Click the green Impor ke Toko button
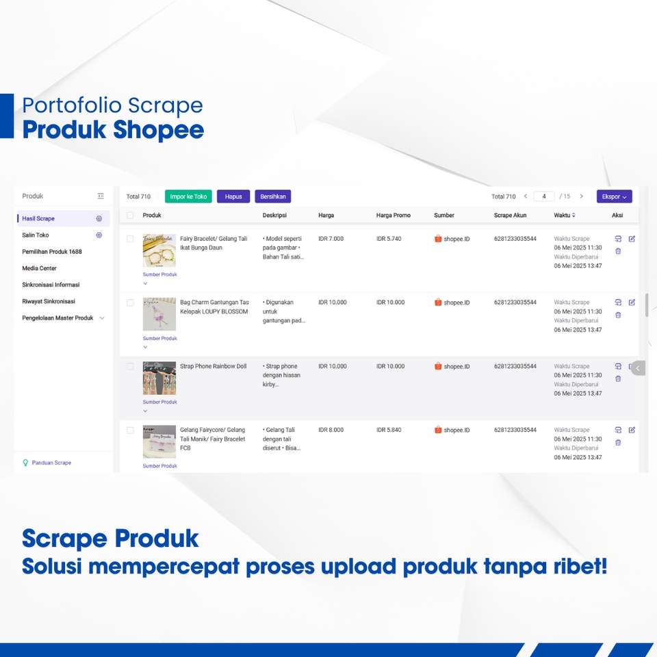(188, 196)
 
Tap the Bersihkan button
(273, 196)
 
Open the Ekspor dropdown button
(614, 196)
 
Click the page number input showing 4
(544, 196)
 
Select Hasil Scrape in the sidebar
(38, 218)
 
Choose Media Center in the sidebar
(39, 268)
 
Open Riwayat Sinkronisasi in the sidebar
(49, 301)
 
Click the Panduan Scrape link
(51, 463)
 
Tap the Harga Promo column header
(394, 215)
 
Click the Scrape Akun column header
(510, 215)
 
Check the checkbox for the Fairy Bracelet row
(130, 239)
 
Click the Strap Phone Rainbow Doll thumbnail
(159, 378)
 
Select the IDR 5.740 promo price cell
(389, 239)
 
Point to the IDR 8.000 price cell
(331, 430)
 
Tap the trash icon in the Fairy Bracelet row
(618, 251)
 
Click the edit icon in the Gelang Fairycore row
(632, 430)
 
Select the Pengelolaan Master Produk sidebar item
(57, 318)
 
